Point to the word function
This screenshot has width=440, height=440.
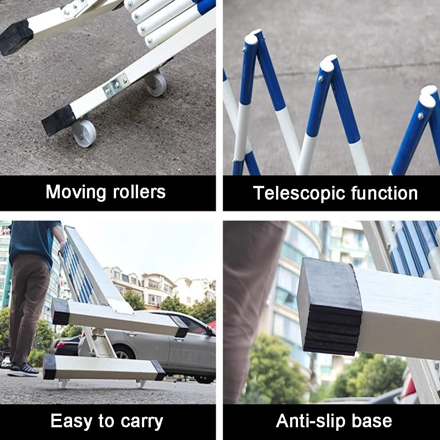coord(384,193)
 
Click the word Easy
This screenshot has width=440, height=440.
coord(72,421)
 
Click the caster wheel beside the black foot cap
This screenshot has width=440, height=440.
coord(84,133)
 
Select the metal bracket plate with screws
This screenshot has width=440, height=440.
coord(116,86)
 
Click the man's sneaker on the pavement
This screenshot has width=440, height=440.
coord(23,370)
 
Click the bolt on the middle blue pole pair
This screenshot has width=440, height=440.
coord(321,78)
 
